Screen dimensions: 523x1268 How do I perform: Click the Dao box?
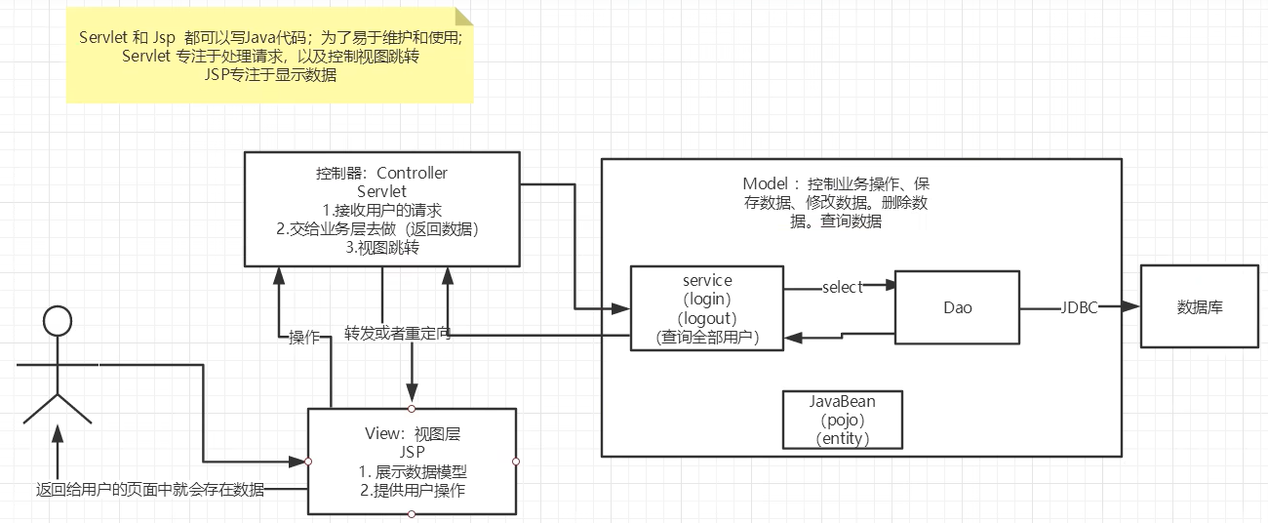click(x=957, y=307)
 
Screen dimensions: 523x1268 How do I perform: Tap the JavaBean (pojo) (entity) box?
click(x=842, y=420)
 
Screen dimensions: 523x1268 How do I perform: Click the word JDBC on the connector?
click(x=1079, y=307)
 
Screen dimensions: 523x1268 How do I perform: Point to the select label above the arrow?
click(x=843, y=287)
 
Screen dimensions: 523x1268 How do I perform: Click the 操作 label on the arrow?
click(x=304, y=338)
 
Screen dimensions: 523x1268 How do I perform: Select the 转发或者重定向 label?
click(x=398, y=334)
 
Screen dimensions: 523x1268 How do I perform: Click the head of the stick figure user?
click(x=58, y=321)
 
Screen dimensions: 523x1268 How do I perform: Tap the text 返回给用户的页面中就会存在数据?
click(x=149, y=490)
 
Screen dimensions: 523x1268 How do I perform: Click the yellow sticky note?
click(x=269, y=55)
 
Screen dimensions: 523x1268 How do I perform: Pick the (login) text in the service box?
click(x=707, y=300)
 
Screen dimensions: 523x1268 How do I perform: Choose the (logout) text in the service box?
click(x=707, y=318)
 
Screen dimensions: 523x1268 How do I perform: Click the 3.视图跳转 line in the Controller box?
click(x=382, y=247)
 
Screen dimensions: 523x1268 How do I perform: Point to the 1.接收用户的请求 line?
click(x=382, y=210)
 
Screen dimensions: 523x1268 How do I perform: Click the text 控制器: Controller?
click(x=382, y=174)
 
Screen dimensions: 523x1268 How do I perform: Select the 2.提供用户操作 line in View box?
click(x=412, y=490)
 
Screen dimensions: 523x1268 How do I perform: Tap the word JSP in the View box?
click(x=412, y=452)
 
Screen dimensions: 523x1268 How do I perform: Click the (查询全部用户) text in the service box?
click(x=707, y=337)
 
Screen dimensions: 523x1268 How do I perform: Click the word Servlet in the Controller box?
click(x=382, y=191)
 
